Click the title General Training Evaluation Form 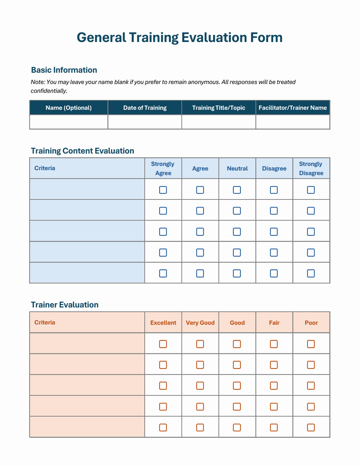coord(180,37)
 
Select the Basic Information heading coord(64,70)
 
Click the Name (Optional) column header coord(68,108)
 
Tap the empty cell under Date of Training coord(145,122)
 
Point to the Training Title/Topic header coord(218,108)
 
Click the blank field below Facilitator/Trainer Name coord(293,122)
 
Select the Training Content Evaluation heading coord(82,151)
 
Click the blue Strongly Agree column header coord(163,168)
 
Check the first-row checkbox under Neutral coord(237,190)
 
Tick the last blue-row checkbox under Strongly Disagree coord(311,273)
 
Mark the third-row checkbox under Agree coord(200,232)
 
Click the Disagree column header coord(274,168)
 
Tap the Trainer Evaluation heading coord(65,305)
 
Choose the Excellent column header coord(163,323)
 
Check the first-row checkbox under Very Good coord(200,344)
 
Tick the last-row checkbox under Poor coord(311,428)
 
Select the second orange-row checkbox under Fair coord(274,365)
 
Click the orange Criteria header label coord(45,322)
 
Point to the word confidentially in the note coord(49,91)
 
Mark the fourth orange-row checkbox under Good coord(237,407)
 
